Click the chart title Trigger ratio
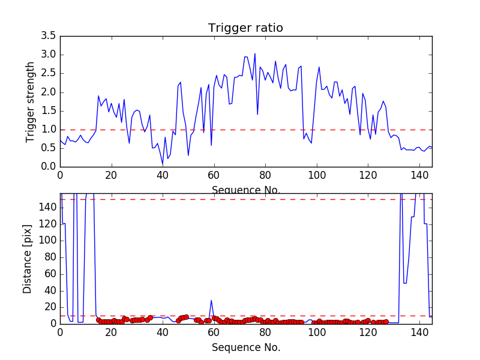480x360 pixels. (x=245, y=28)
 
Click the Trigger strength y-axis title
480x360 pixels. (x=31, y=101)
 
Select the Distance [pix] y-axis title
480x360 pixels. (x=28, y=259)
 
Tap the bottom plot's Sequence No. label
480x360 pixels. (x=246, y=347)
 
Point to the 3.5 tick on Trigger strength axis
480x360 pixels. (x=48, y=36)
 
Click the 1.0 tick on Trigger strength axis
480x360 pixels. (x=48, y=129)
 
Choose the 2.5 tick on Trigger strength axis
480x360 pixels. (x=48, y=73)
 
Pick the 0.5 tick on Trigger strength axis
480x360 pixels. (x=48, y=148)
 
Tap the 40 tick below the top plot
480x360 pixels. (x=163, y=176)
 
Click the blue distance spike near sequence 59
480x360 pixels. (x=211, y=301)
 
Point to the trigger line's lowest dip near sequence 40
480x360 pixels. (x=163, y=164)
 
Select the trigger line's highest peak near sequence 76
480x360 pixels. (x=255, y=54)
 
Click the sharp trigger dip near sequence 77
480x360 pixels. (x=257, y=114)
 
